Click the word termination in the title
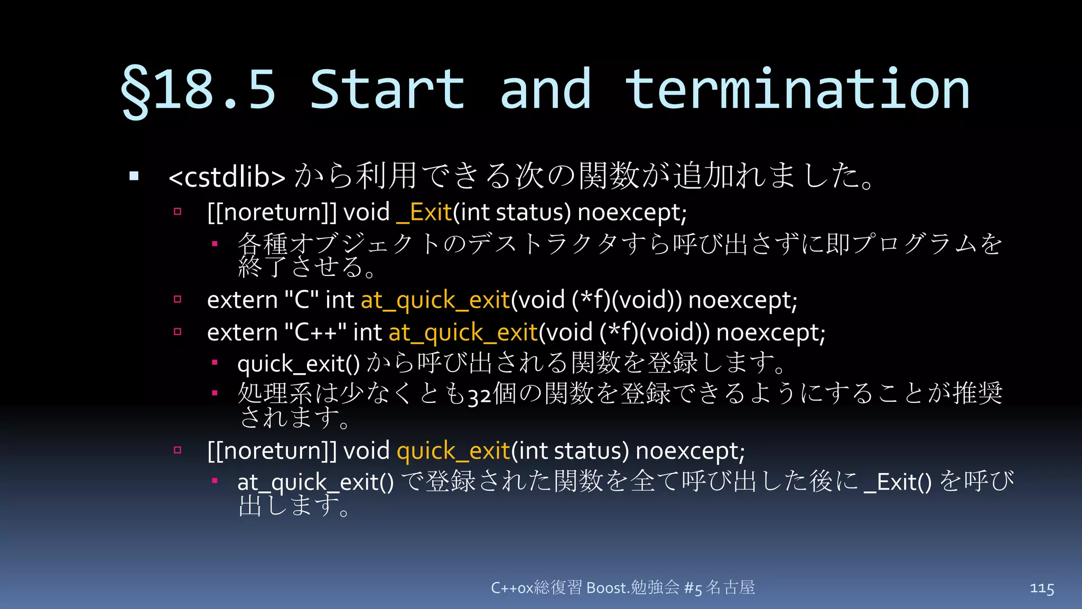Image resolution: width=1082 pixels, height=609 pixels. [797, 90]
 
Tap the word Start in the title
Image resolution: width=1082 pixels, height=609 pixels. [387, 90]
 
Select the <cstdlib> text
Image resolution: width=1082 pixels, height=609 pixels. [227, 177]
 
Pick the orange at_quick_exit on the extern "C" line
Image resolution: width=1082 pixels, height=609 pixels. [435, 300]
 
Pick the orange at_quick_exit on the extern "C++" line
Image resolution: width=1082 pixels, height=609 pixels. [463, 333]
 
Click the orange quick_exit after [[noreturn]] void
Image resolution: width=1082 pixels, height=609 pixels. [453, 451]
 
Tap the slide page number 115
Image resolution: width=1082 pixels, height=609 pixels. [1042, 588]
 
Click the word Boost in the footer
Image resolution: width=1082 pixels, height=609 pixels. [607, 588]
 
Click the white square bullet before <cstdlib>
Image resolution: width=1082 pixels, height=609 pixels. [134, 177]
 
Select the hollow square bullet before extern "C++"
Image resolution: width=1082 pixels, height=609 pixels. [178, 332]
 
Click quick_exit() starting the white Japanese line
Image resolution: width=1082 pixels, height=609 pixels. [298, 364]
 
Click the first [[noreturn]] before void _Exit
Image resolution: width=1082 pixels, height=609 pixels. [272, 213]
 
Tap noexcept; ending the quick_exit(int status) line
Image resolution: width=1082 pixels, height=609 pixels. [690, 451]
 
